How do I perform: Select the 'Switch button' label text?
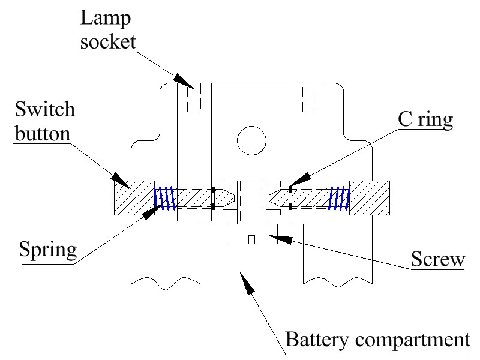(46, 121)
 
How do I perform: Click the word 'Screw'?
(437, 260)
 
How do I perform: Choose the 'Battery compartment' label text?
(377, 340)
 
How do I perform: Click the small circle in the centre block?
(251, 139)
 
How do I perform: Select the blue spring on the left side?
(163, 198)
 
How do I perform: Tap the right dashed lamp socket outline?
(309, 99)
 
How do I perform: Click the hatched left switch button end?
(134, 198)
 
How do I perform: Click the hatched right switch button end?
(370, 198)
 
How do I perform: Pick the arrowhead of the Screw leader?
(277, 238)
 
